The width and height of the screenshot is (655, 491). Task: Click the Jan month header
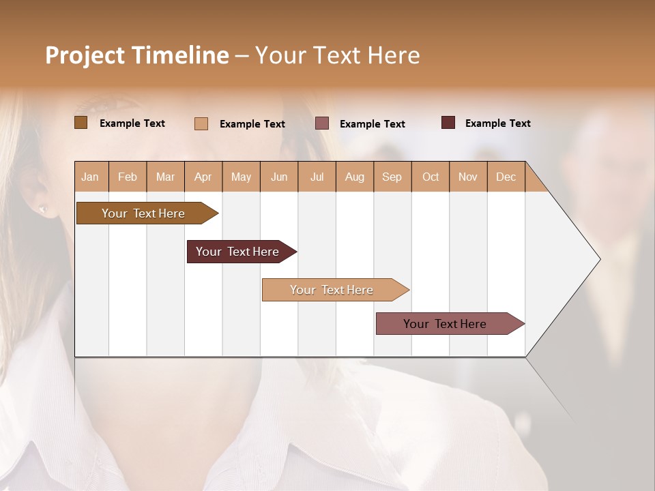[90, 177]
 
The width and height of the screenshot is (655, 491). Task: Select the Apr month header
[203, 177]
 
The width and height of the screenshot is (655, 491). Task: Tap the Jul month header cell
[317, 177]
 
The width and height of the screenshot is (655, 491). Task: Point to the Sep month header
[392, 177]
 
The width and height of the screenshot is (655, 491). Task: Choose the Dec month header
[506, 177]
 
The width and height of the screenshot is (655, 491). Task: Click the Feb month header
[128, 177]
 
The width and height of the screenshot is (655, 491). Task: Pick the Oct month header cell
[431, 177]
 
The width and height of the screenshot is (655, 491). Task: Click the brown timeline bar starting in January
[144, 213]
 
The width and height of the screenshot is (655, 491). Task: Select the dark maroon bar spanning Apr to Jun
[238, 252]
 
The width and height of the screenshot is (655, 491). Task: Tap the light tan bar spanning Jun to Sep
[332, 290]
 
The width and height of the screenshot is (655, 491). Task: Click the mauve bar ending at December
[446, 324]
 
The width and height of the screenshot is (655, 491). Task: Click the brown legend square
[81, 123]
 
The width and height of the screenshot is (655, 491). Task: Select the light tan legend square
[201, 123]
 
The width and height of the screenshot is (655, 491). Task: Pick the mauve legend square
[322, 123]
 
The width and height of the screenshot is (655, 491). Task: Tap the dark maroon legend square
[448, 123]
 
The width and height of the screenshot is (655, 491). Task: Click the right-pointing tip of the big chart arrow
[598, 259]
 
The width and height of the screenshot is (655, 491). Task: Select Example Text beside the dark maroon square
[497, 123]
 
